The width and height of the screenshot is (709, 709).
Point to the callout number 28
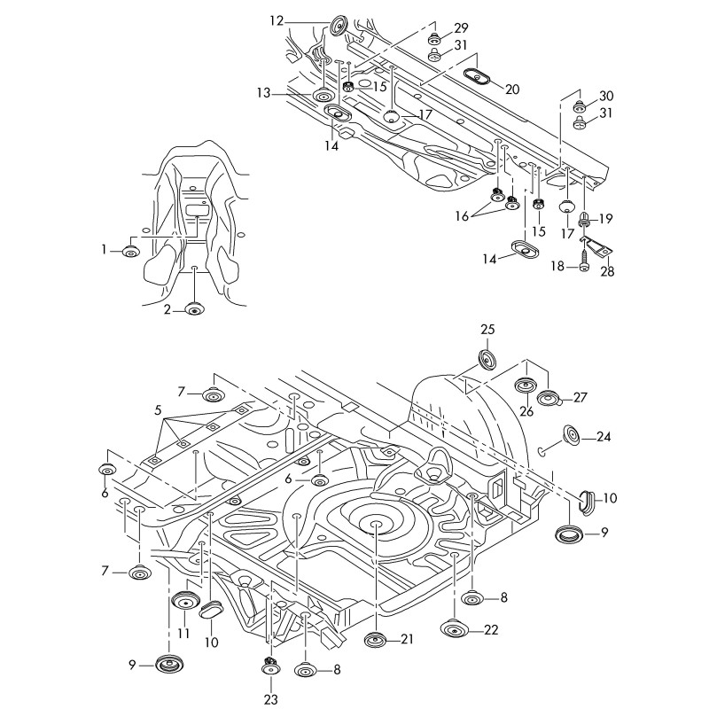point(607,271)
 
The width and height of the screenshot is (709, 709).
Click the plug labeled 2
point(194,309)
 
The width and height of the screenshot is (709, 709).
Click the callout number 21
point(407,639)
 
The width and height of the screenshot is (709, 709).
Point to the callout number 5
point(159,410)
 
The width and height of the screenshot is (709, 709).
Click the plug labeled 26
point(526,386)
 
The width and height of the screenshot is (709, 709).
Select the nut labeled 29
point(434,38)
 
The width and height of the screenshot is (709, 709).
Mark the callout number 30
point(606,96)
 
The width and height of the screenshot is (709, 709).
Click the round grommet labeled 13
point(323,94)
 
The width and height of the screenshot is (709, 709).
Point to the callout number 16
point(463,215)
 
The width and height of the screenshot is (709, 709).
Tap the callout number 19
point(606,218)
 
